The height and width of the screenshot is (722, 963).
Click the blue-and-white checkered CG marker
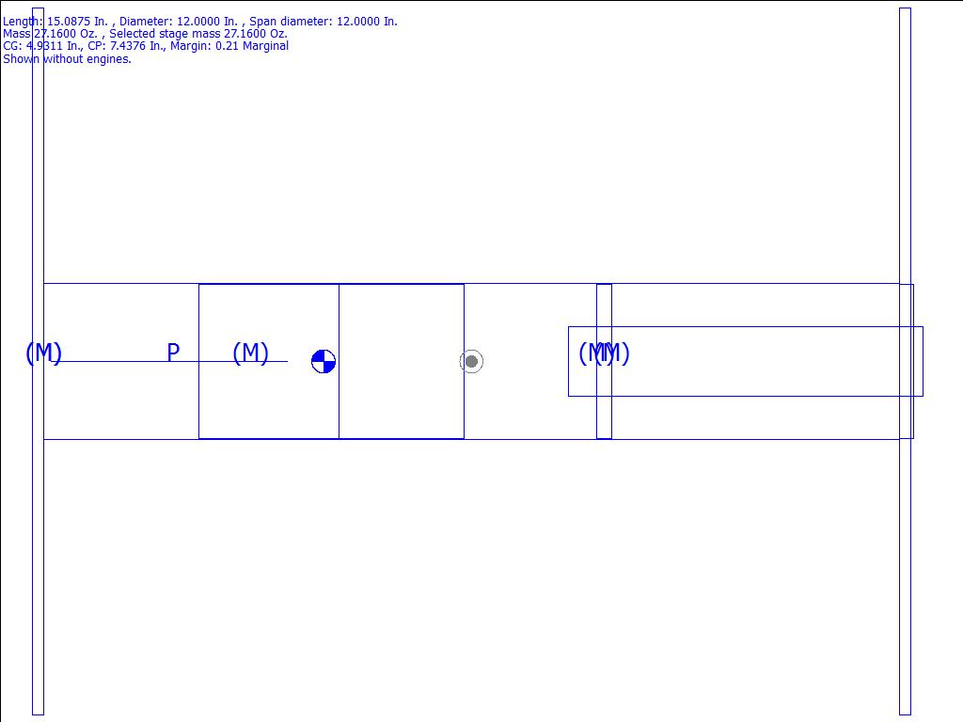(324, 362)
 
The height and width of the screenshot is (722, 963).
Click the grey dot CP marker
(472, 362)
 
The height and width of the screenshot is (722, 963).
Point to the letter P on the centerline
(173, 353)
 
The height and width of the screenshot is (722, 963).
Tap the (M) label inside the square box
(250, 353)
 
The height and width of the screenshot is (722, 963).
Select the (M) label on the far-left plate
(43, 353)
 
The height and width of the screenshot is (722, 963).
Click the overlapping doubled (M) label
(605, 353)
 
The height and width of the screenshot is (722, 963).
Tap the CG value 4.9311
(44, 46)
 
